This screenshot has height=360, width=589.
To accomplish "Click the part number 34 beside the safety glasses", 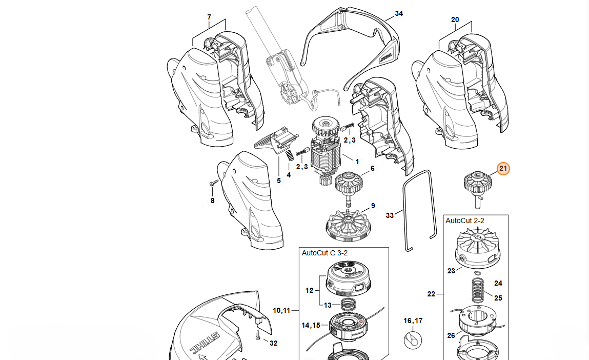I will click(x=399, y=14).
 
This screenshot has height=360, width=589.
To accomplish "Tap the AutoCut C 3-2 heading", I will click(x=325, y=253).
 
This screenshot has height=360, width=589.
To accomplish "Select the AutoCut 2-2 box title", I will click(x=465, y=221).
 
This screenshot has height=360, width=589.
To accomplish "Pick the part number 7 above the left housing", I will click(x=209, y=17).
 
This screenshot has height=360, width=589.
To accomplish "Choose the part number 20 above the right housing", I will click(x=455, y=19).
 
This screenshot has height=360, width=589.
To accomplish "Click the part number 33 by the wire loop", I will click(x=390, y=215).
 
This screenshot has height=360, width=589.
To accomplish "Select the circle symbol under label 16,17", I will click(x=413, y=339).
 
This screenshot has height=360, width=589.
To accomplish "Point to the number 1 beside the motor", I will click(x=357, y=162).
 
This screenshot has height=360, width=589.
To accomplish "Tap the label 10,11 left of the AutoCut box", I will click(x=281, y=310).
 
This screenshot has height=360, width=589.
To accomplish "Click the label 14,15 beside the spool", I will click(x=311, y=325).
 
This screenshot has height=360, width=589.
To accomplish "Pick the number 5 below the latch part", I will click(x=279, y=181).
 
